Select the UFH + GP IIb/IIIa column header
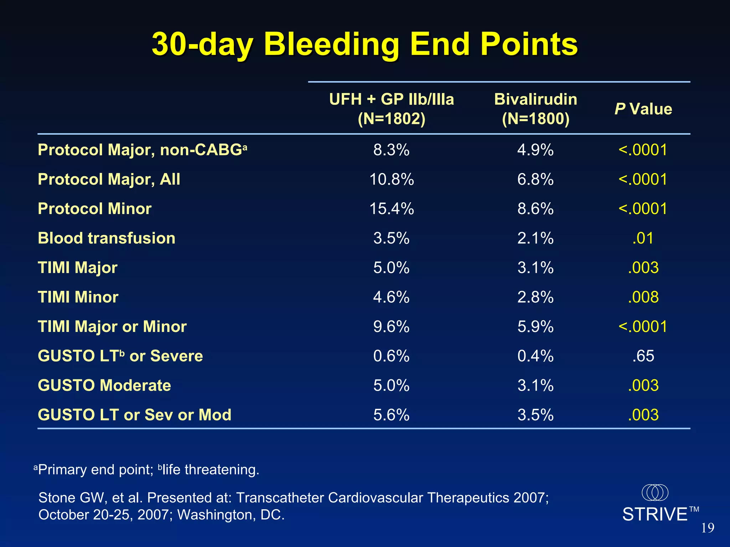(x=391, y=108)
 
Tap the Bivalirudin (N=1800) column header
(x=535, y=108)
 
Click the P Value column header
(x=643, y=109)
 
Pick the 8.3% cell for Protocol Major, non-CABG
(x=391, y=150)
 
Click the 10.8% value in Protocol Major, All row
(x=391, y=179)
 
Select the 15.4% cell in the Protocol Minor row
(x=391, y=209)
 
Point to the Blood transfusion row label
(x=107, y=238)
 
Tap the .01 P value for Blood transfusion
(x=643, y=238)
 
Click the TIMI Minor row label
(x=78, y=297)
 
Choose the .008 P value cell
(x=643, y=297)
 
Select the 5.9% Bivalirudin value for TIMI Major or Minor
(x=535, y=327)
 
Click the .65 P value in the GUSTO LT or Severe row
(x=643, y=356)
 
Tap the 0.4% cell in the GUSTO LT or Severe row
(x=535, y=356)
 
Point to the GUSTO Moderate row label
(x=104, y=385)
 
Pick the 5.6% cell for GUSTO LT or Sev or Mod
(x=391, y=415)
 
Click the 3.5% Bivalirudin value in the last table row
(x=535, y=415)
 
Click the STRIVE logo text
(x=655, y=515)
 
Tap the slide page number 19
(x=708, y=528)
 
